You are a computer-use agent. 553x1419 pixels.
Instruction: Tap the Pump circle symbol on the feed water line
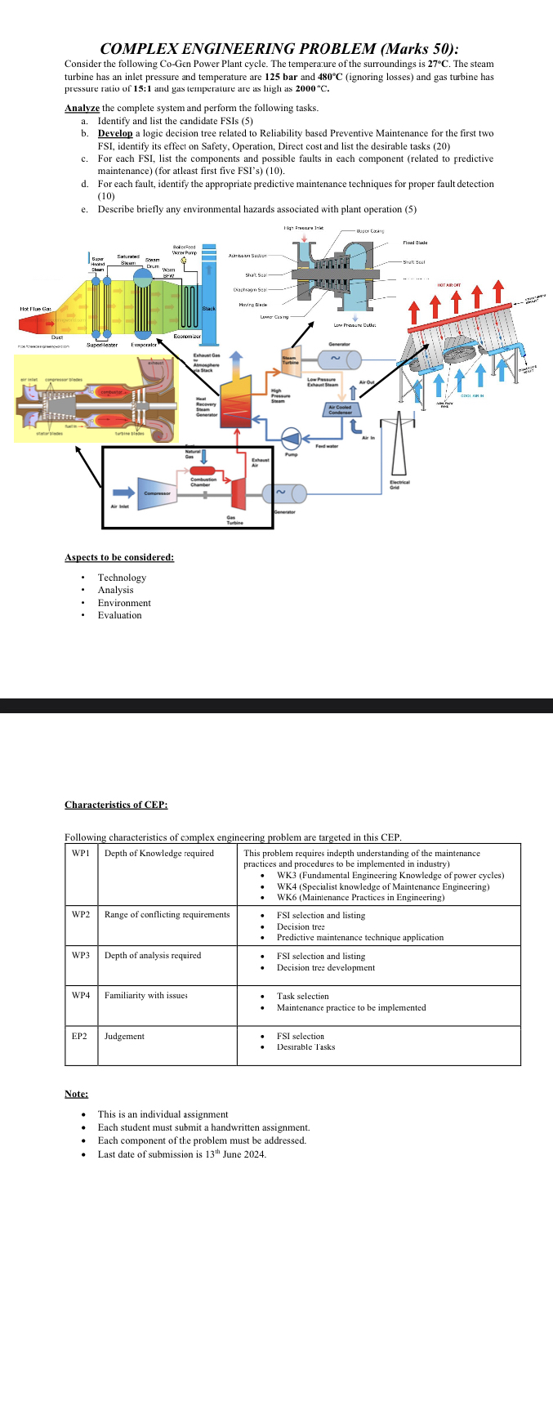tap(291, 439)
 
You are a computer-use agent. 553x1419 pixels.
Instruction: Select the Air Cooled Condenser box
tap(340, 409)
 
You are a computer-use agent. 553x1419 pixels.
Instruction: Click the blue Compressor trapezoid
tap(156, 493)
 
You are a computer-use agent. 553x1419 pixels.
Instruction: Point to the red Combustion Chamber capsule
tap(202, 471)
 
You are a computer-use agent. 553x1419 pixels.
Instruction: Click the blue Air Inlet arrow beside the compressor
tap(123, 493)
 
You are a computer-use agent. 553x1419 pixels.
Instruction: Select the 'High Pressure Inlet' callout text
tap(303, 228)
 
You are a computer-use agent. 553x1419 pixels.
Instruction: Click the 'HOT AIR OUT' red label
tap(448, 285)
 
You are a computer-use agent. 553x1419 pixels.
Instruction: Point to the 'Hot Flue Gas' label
tap(35, 309)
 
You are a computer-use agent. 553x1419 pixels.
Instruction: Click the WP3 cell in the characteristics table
tap(81, 955)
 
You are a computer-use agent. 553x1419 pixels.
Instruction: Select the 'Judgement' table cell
tap(124, 1036)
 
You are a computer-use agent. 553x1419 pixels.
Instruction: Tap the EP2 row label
tap(79, 1036)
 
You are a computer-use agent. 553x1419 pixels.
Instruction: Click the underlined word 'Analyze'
tap(82, 108)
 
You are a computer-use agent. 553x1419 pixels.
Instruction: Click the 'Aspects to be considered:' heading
tap(119, 557)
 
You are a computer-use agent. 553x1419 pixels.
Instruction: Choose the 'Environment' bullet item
tap(124, 603)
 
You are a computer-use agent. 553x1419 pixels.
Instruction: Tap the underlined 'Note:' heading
tap(76, 1094)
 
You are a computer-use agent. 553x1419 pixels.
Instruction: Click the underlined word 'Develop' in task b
tap(114, 133)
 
